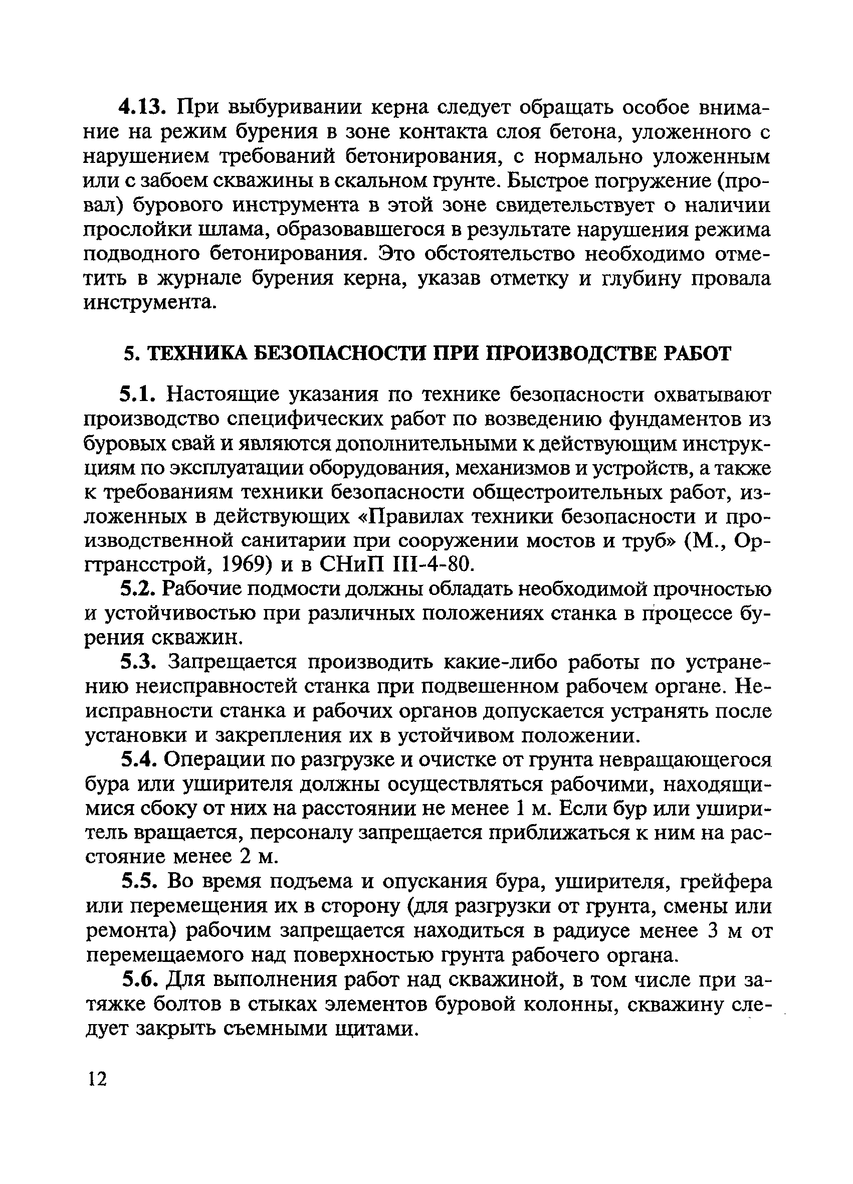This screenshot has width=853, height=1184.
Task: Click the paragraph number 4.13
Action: [x=142, y=108]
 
